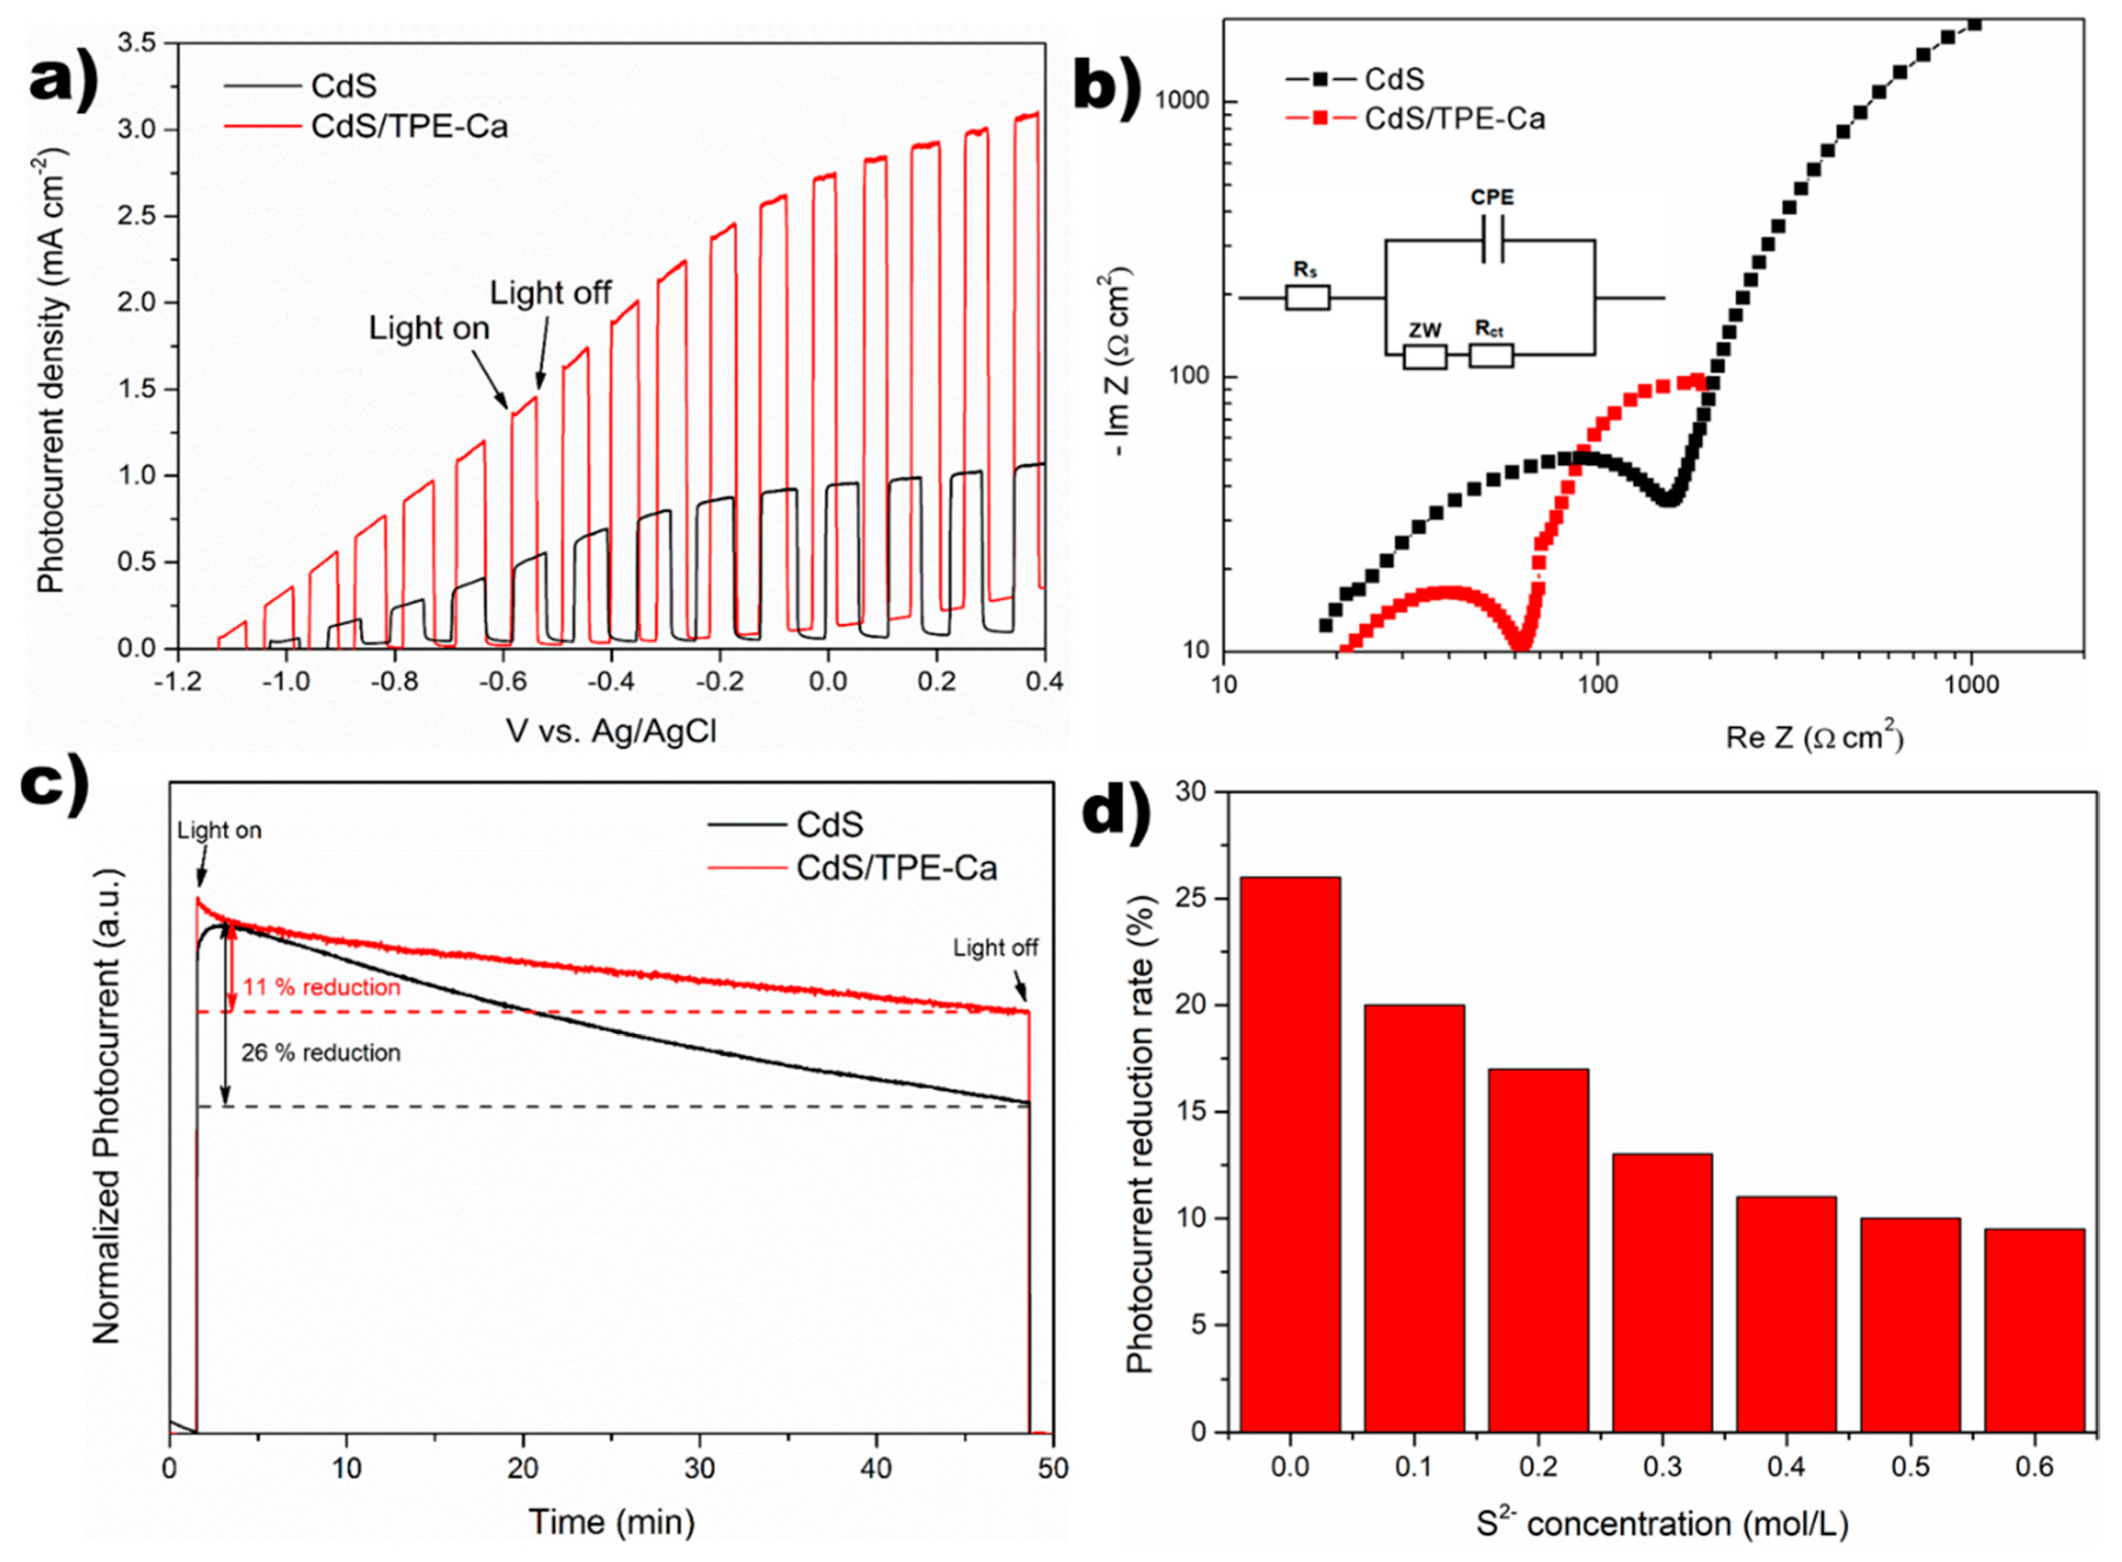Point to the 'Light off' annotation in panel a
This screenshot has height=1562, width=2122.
point(550,293)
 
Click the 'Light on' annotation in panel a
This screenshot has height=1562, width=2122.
point(429,328)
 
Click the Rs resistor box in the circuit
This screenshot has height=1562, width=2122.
point(1307,298)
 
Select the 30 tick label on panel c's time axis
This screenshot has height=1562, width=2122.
point(700,1469)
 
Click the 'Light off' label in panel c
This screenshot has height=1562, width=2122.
point(995,947)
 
